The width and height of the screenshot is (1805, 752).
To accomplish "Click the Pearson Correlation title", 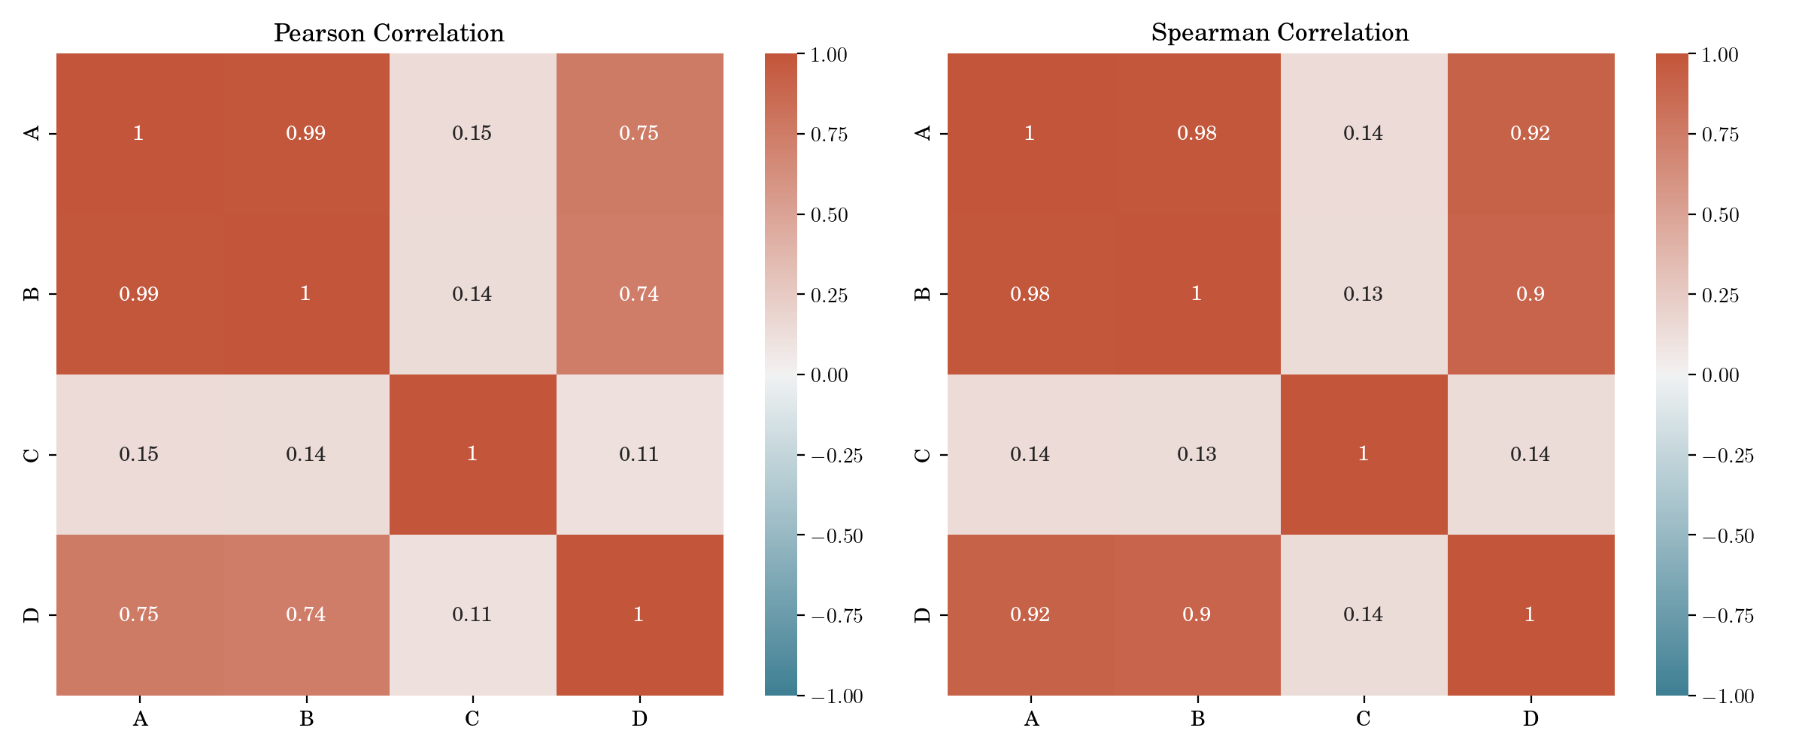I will [389, 33].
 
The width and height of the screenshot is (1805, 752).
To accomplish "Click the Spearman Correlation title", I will [1280, 32].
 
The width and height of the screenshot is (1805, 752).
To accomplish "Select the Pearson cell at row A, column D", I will [639, 133].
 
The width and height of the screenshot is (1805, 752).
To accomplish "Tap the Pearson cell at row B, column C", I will [472, 294].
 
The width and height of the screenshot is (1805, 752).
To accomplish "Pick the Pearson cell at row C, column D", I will [639, 454].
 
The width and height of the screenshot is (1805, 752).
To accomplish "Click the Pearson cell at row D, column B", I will [306, 614].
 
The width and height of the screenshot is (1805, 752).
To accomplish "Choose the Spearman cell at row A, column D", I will [1530, 133].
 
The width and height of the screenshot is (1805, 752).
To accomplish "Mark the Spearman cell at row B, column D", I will [1530, 294].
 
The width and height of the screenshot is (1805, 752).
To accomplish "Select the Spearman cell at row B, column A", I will [1030, 294].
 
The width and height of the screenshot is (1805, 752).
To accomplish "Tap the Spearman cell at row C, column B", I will [1197, 454].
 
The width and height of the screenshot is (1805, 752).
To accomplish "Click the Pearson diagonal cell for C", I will [472, 454].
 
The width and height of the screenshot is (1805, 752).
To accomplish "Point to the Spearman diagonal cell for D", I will [1530, 614].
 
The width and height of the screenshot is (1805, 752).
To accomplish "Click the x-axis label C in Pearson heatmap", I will [472, 719].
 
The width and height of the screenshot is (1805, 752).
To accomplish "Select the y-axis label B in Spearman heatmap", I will [923, 294].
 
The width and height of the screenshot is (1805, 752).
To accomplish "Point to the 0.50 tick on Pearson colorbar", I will [829, 215].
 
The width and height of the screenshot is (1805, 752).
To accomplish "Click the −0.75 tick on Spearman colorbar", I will [1728, 617].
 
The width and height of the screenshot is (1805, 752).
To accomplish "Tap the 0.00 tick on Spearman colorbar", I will [1720, 375].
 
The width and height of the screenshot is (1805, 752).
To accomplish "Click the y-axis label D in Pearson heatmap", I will [32, 615].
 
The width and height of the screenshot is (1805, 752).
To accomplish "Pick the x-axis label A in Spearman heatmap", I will [1031, 719].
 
